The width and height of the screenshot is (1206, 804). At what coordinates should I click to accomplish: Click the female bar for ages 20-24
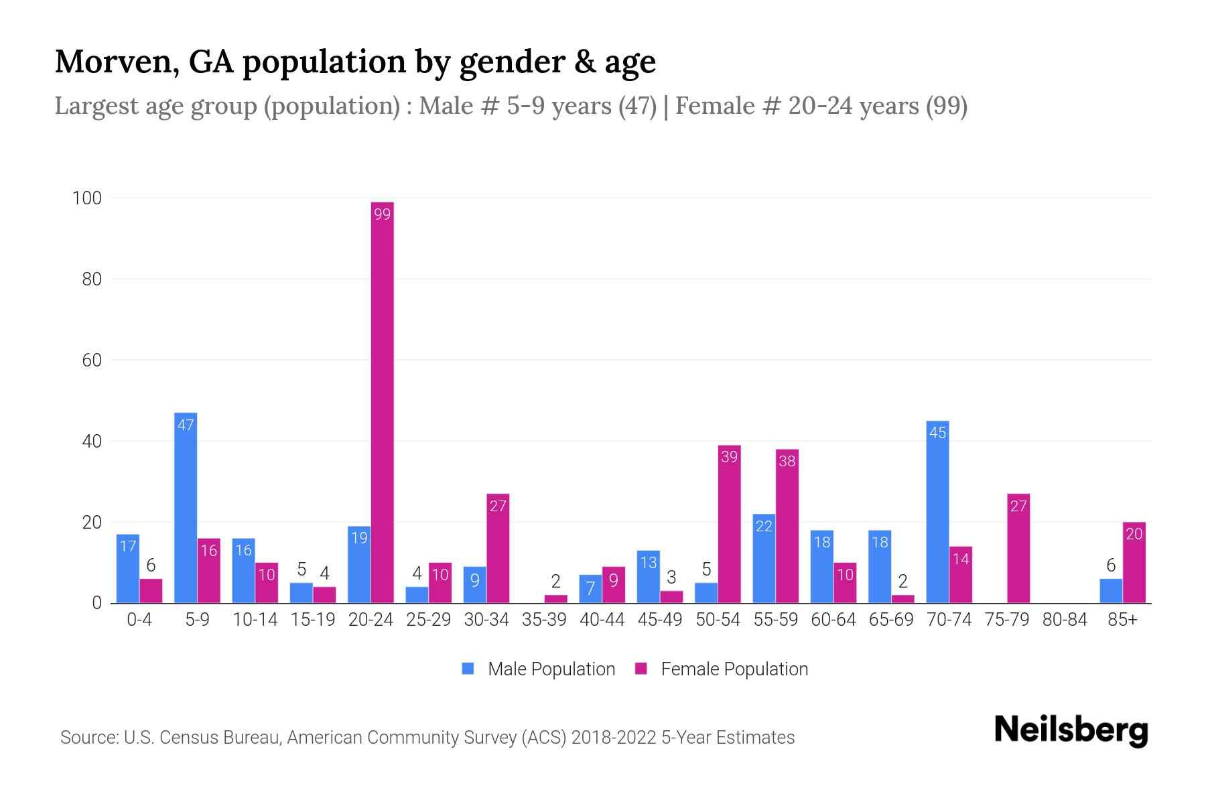pos(382,402)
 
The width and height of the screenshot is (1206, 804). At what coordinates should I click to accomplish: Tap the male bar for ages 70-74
pos(937,513)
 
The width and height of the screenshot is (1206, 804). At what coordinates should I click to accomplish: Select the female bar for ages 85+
pos(1134,563)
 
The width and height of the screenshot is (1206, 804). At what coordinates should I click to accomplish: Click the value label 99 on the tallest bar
pos(382,214)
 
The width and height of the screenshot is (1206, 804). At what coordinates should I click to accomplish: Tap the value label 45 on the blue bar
pos(937,433)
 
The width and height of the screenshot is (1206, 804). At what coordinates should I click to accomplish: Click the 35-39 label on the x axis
pos(544,620)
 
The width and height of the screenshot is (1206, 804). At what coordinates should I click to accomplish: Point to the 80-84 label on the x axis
pos(1065,620)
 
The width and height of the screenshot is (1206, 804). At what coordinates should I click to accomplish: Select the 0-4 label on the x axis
pos(139,620)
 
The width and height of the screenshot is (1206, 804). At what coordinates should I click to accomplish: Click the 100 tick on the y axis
pos(87,198)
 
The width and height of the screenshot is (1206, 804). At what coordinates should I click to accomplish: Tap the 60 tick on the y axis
pos(91,360)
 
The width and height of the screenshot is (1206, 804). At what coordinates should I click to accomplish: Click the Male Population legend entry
pos(539,669)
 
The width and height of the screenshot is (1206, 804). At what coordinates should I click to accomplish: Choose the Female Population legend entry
pos(722,669)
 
